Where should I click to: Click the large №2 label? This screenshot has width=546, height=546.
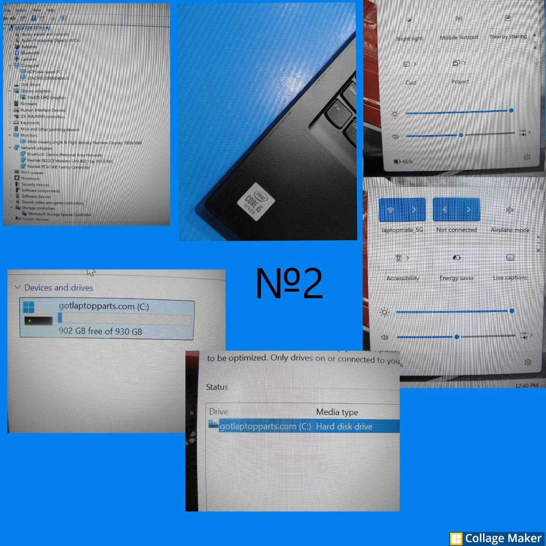point(289,283)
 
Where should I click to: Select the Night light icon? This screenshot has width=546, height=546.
point(409,20)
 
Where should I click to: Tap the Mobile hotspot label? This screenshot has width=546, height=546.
point(459,37)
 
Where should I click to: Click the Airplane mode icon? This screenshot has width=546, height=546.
point(510,210)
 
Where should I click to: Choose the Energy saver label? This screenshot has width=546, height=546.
point(457,278)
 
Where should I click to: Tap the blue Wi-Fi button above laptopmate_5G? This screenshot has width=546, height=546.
point(402,210)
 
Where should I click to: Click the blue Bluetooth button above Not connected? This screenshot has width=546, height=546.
point(456,210)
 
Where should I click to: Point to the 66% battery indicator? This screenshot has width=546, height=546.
point(403,161)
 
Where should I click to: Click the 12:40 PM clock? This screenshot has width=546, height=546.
point(526,386)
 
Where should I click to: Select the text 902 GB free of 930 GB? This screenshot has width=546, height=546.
point(100,331)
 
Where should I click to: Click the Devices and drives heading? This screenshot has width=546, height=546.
point(59,288)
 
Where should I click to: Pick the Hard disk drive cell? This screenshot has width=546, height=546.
point(344,427)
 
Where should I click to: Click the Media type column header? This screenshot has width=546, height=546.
point(337,412)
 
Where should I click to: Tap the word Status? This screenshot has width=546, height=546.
point(217,387)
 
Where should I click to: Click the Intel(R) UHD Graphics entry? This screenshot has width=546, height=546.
point(47,97)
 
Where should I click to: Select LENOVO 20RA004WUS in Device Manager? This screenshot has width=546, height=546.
point(48,78)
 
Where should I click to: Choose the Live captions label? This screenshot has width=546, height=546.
point(510,278)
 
